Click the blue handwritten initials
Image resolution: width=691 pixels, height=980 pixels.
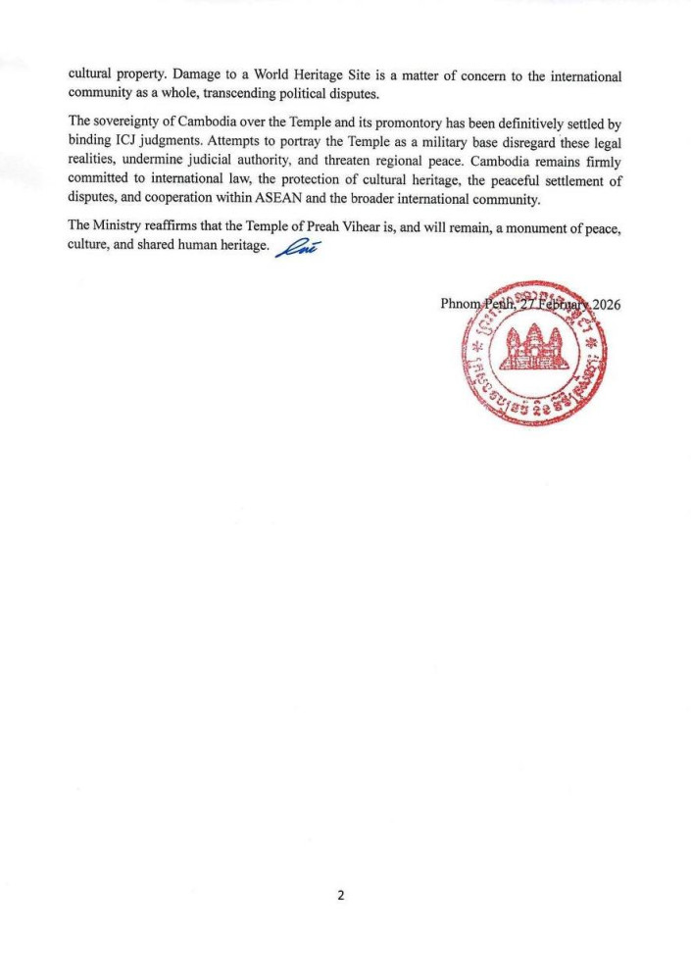click(x=298, y=248)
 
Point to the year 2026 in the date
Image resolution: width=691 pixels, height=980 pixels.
click(x=603, y=303)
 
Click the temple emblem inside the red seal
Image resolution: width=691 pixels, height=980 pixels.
click(x=533, y=349)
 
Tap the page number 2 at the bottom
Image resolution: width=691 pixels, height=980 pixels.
click(x=342, y=896)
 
